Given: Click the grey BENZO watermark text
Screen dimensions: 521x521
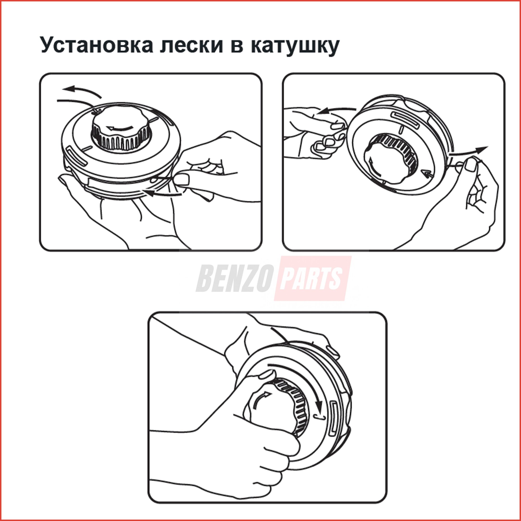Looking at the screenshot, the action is pos(233,279).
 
